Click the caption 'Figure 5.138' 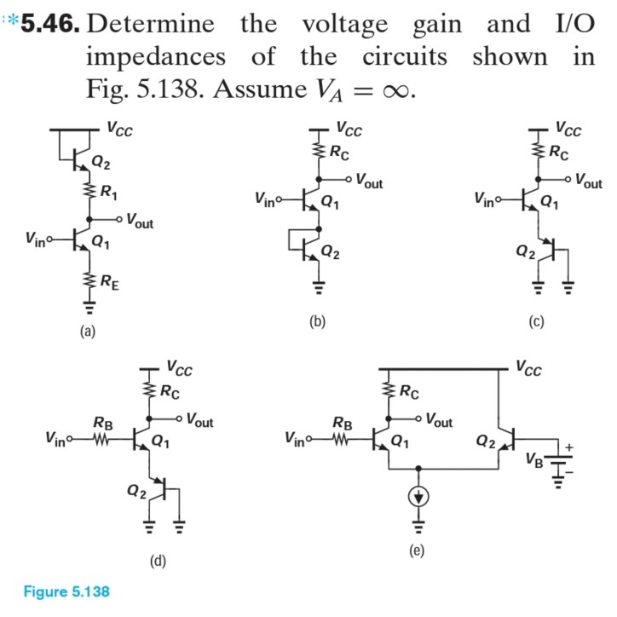66,591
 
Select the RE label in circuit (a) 110,277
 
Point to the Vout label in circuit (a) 139,223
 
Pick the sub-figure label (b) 318,321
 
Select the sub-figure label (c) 536,321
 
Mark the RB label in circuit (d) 102,422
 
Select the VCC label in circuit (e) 528,369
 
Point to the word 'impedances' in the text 156,56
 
